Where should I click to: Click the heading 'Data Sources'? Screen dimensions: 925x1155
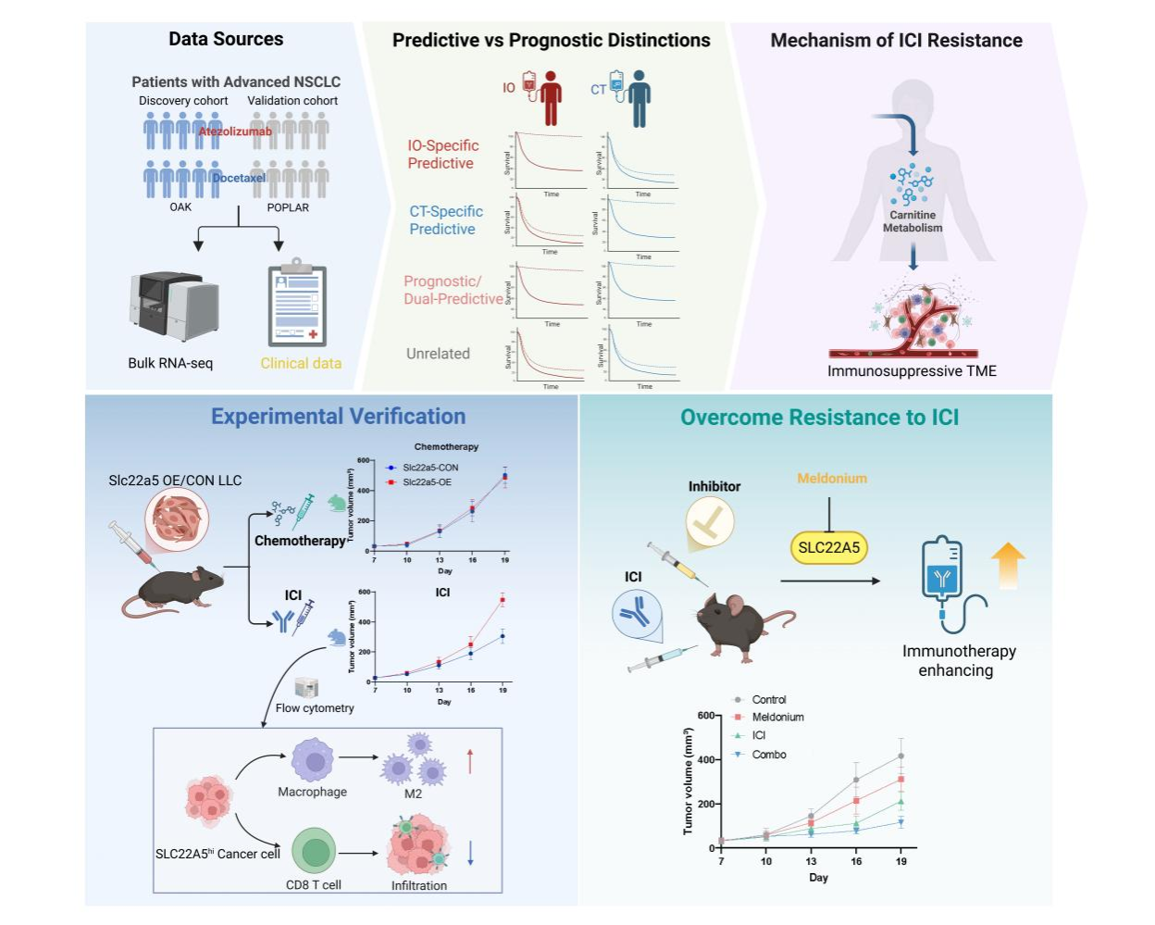[x=226, y=39]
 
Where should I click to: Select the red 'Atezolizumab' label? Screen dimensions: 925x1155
[x=235, y=131]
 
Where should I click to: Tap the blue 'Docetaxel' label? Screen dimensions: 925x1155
[x=239, y=178]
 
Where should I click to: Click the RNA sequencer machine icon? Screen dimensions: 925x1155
[x=174, y=306]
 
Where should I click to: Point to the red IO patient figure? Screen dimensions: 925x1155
[x=551, y=97]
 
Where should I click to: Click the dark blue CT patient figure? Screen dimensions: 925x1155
[x=639, y=97]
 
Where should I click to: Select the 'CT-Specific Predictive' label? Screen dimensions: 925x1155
[x=446, y=220]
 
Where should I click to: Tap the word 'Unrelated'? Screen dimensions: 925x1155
[x=438, y=354]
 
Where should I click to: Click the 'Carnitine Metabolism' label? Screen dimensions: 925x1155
[x=913, y=221]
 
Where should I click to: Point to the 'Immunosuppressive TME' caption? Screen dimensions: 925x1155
[x=912, y=371]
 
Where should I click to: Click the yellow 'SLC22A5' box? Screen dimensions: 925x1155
[x=828, y=547]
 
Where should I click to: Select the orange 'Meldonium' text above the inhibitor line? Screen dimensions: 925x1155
[x=832, y=479]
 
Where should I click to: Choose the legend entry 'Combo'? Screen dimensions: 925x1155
[x=768, y=755]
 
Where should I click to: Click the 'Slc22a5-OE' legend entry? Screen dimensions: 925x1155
[x=427, y=482]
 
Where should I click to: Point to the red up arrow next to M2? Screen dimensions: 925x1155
[x=470, y=761]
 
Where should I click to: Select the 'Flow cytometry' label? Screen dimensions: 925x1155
[x=315, y=708]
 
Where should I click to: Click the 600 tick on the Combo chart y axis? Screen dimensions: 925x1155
[x=705, y=716]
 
